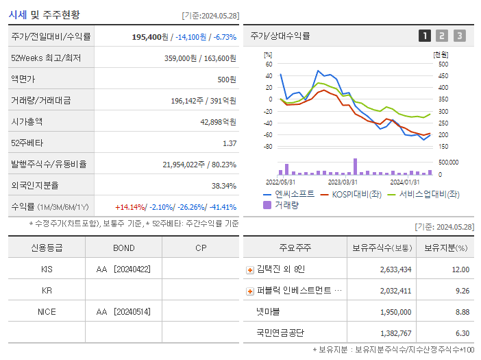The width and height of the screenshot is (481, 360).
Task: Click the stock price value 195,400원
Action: point(149,37)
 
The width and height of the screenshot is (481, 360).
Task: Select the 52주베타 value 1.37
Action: point(230,143)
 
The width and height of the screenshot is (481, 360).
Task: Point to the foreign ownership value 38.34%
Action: point(224,186)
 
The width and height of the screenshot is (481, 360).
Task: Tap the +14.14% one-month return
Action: point(130,207)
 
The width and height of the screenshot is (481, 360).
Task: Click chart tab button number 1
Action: point(425,36)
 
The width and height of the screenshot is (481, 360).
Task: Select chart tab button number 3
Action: point(459,36)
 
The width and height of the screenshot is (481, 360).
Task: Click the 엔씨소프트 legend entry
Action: point(289,194)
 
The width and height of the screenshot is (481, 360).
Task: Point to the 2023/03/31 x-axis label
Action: point(343,182)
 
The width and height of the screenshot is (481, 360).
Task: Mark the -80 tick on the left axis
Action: point(268,147)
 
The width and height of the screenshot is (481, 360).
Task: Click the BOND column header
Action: point(124,248)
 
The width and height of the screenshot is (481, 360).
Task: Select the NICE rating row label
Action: point(47,311)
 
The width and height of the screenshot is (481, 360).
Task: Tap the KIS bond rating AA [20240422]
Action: point(124,269)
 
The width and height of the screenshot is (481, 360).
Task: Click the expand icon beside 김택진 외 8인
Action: point(250,270)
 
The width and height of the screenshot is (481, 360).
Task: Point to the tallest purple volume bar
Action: point(355,167)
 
